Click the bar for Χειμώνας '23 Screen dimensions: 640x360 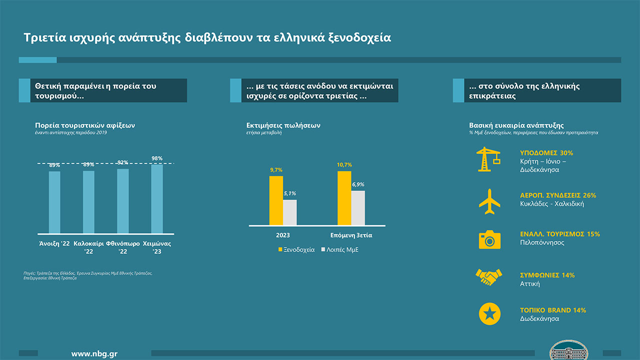(x=157, y=199)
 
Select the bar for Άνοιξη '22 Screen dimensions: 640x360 (x=54, y=202)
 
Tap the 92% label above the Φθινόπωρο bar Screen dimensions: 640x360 (x=123, y=162)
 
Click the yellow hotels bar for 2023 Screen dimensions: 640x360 (x=276, y=200)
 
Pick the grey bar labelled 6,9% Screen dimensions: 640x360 (x=358, y=208)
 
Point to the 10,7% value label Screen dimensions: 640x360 (x=344, y=165)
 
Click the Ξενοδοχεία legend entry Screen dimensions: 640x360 (x=296, y=249)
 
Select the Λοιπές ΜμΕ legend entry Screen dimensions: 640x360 (x=339, y=249)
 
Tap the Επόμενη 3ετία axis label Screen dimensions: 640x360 (x=351, y=235)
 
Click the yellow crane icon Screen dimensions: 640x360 (x=488, y=159)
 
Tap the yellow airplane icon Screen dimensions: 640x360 (x=489, y=201)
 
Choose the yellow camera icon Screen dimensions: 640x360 (x=489, y=239)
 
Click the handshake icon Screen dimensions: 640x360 (x=488, y=277)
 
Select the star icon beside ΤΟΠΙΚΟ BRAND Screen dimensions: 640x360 (x=489, y=313)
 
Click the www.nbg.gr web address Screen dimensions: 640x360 (x=94, y=354)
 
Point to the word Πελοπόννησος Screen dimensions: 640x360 (x=542, y=242)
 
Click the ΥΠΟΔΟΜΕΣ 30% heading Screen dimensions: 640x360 (x=546, y=153)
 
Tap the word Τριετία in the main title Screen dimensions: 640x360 (x=45, y=37)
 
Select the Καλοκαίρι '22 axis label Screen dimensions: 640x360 (x=88, y=247)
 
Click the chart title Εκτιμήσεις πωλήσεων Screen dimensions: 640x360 (x=283, y=125)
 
